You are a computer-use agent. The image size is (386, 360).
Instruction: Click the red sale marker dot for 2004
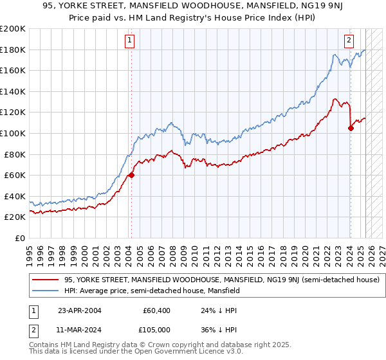coord(131,175)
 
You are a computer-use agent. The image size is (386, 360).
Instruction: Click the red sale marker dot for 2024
coord(351,128)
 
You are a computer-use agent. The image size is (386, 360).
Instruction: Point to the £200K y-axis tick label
coord(13,29)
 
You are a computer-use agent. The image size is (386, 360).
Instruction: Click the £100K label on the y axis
coord(13,134)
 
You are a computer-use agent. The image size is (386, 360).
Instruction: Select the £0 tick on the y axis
coord(19,239)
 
